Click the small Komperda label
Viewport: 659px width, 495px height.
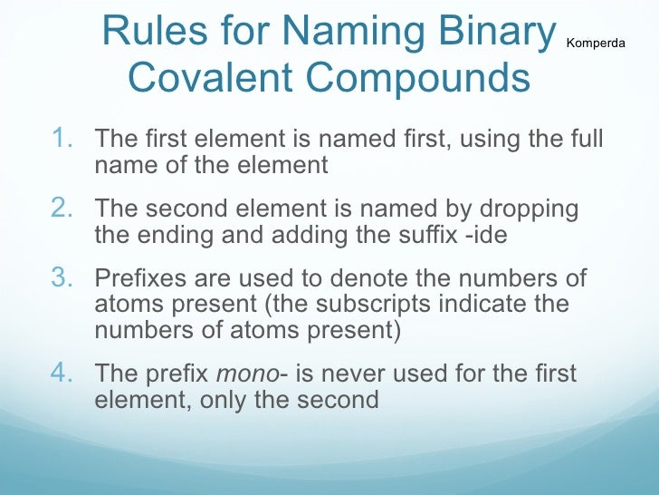(x=595, y=43)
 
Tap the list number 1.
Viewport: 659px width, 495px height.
(x=62, y=140)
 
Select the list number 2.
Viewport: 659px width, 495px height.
(x=62, y=209)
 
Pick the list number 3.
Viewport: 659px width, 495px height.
(x=62, y=278)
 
